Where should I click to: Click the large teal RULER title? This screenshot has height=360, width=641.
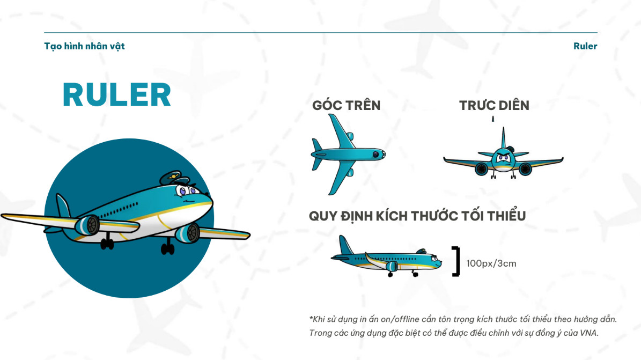pos(116,94)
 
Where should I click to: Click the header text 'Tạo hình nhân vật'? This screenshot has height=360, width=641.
pos(84,46)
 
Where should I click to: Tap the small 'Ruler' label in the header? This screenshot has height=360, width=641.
pos(585,46)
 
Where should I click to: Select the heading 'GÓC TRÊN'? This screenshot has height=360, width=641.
pos(347,105)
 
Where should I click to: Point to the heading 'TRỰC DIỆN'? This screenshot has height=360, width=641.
pos(494,105)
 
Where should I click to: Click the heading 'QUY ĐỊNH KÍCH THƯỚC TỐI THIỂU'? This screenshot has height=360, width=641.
pos(417,216)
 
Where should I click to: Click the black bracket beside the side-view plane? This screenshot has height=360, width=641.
pos(456,261)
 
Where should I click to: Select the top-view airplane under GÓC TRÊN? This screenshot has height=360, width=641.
pos(348,154)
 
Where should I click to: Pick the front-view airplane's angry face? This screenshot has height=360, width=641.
pos(503,159)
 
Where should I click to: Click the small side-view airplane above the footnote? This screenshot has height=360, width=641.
pos(386,256)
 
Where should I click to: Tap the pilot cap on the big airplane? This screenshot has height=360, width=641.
pos(174,178)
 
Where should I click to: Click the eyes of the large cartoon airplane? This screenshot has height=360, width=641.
pos(187,190)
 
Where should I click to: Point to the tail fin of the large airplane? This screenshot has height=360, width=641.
pos(63,206)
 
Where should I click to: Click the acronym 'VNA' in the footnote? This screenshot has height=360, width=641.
pos(588,333)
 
